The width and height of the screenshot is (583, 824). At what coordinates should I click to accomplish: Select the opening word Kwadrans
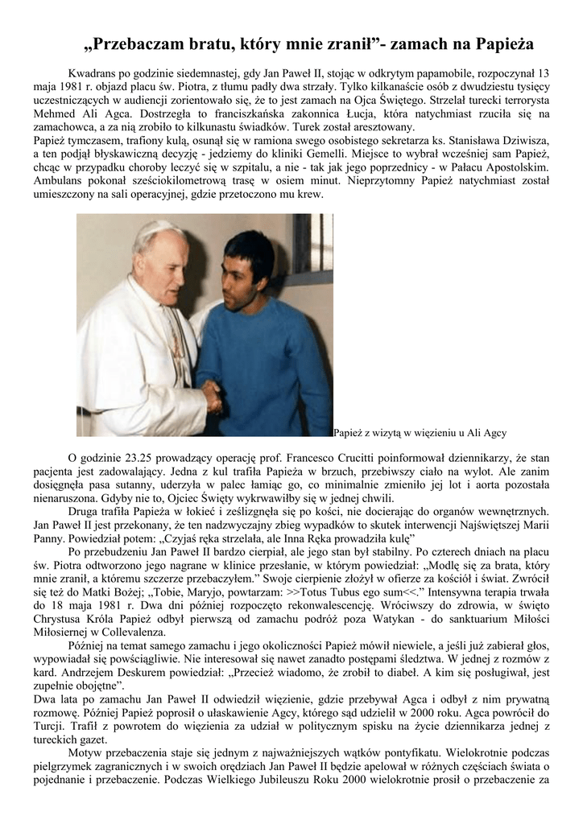(x=94, y=72)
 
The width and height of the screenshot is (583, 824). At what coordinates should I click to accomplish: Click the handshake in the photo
(x=213, y=394)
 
